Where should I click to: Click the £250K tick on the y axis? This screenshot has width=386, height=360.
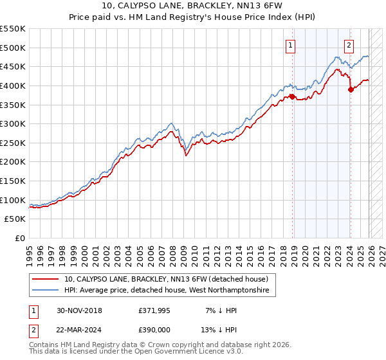(13, 143)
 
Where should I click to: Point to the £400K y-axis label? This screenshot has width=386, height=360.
(13, 85)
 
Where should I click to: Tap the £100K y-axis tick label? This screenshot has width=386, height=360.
(13, 200)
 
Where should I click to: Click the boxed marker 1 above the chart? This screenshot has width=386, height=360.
(291, 45)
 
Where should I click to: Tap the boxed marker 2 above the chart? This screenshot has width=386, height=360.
(349, 45)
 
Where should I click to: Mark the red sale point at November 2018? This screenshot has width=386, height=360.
(292, 96)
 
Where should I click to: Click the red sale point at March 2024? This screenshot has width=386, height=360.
(351, 89)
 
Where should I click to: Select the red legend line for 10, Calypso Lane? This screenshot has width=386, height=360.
(46, 280)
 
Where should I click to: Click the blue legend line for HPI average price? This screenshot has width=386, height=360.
(46, 291)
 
